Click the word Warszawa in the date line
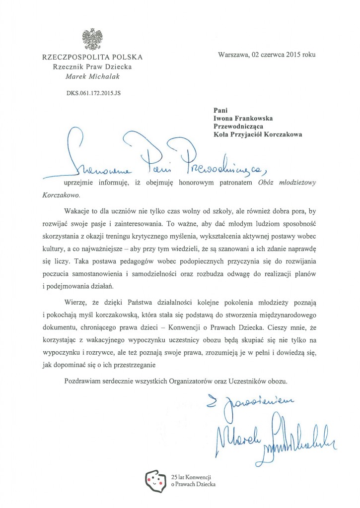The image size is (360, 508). (235, 55)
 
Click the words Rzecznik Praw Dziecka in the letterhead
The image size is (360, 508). (92, 67)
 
